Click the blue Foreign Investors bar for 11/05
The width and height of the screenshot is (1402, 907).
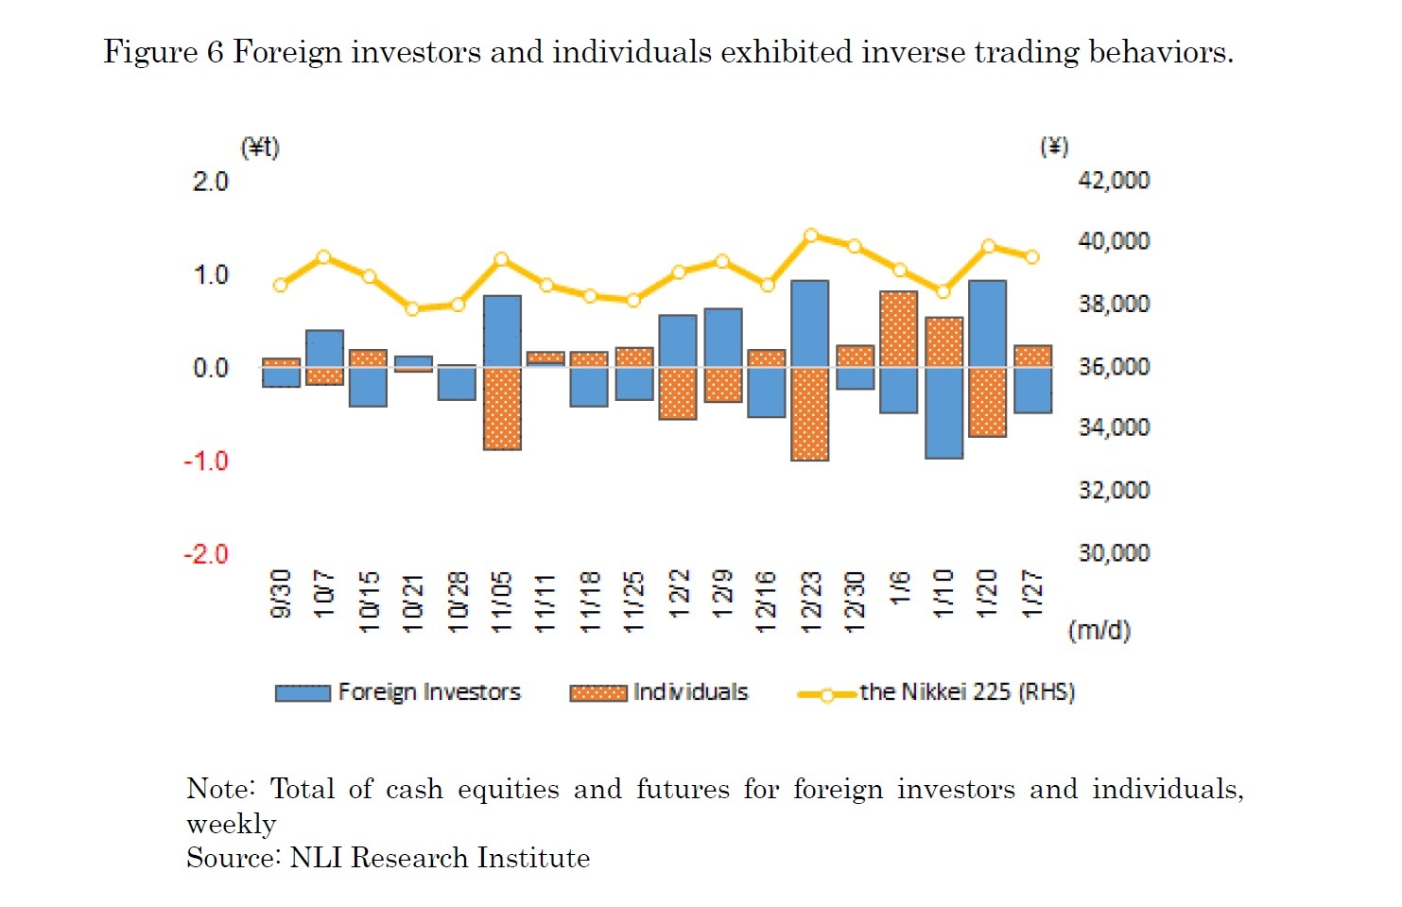click(502, 331)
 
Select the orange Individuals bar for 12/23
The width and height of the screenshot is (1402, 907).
click(810, 413)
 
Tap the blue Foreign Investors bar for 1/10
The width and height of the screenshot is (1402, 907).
click(943, 412)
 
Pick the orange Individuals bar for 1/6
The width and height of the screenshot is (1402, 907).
click(898, 329)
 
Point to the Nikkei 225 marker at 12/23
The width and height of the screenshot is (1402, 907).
click(810, 235)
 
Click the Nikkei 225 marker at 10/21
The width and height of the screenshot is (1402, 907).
click(412, 308)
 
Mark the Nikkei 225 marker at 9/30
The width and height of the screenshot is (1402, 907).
click(280, 285)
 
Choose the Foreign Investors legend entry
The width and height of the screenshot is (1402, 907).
click(398, 692)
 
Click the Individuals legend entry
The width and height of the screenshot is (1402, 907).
click(659, 692)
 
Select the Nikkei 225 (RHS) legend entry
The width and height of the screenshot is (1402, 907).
click(936, 692)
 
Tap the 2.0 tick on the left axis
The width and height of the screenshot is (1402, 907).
click(211, 182)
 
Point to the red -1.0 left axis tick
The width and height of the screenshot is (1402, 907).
click(206, 462)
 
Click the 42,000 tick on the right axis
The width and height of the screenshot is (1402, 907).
click(1114, 181)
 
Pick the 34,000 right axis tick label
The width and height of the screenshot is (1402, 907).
click(1114, 427)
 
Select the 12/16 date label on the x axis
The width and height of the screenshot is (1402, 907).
click(766, 601)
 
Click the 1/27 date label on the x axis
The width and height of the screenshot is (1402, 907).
click(1033, 593)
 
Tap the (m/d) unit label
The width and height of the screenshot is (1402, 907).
click(1099, 630)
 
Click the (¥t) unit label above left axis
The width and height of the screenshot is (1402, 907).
click(260, 148)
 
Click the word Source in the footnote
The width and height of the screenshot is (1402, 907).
click(233, 858)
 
